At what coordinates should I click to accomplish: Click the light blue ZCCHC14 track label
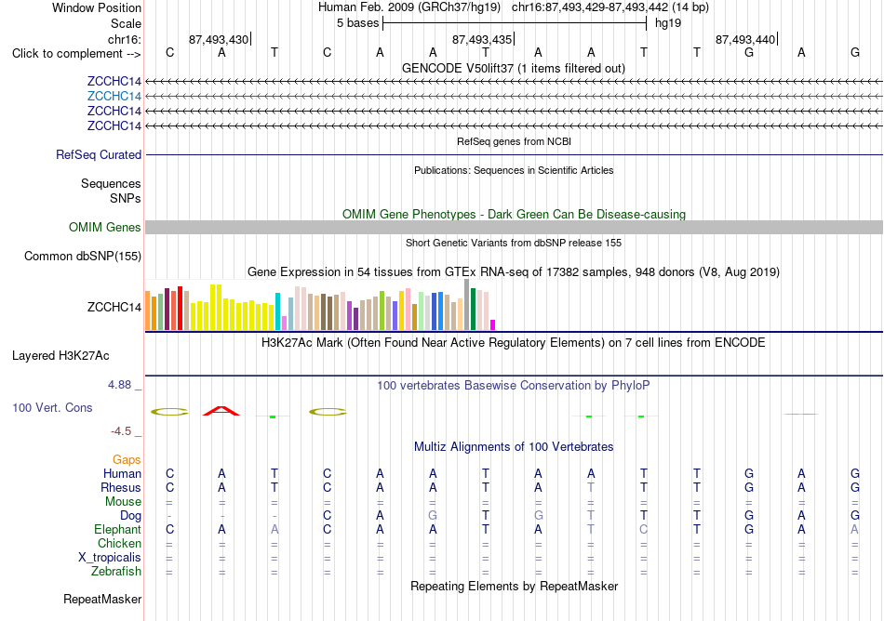pyautogui.click(x=114, y=97)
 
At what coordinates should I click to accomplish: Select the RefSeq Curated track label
pyautogui.click(x=99, y=155)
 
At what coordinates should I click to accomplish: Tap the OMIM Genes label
pyautogui.click(x=105, y=228)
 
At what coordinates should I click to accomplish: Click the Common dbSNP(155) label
pyautogui.click(x=83, y=257)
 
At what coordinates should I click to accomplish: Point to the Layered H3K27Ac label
pyautogui.click(x=60, y=356)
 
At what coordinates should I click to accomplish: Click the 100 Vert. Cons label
pyautogui.click(x=52, y=407)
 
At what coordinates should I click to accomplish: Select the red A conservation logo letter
pyautogui.click(x=221, y=410)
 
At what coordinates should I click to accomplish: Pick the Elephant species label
pyautogui.click(x=118, y=530)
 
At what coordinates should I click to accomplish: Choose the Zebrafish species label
pyautogui.click(x=116, y=572)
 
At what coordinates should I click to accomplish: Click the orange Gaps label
pyautogui.click(x=127, y=460)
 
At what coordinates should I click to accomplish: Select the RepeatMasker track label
pyautogui.click(x=102, y=599)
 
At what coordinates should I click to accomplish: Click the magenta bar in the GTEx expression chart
pyautogui.click(x=493, y=324)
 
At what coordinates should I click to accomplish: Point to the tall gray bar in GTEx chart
pyautogui.click(x=467, y=305)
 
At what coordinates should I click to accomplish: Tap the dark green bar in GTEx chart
pyautogui.click(x=473, y=309)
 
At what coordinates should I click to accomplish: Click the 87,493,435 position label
pyautogui.click(x=482, y=39)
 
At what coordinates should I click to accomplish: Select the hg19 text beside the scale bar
pyautogui.click(x=668, y=23)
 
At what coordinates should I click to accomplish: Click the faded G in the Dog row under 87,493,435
pyautogui.click(x=433, y=516)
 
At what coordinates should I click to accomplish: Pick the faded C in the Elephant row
pyautogui.click(x=643, y=530)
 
